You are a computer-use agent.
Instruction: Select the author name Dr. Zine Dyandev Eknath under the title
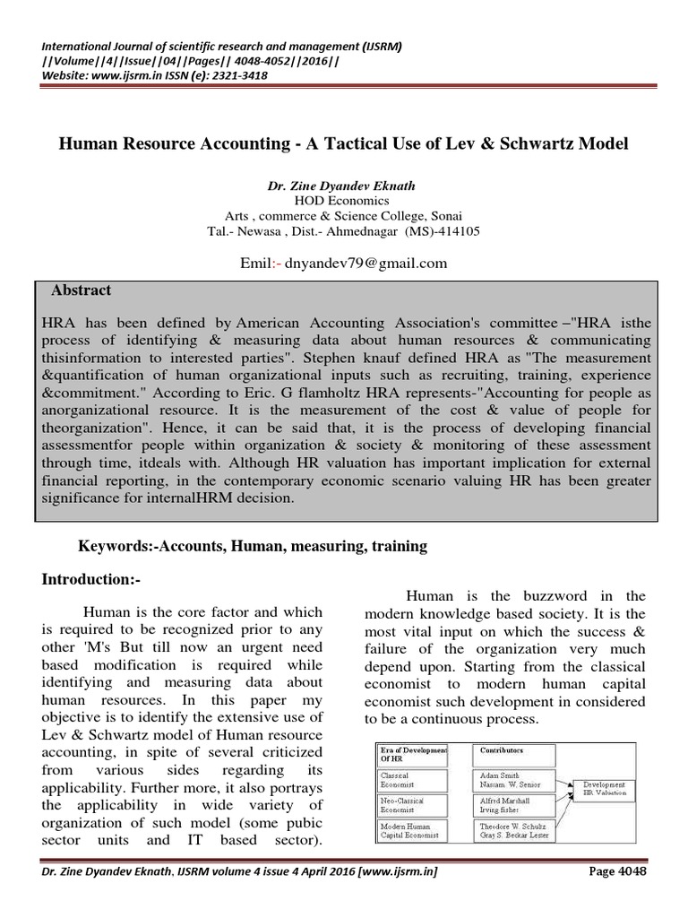pos(344,186)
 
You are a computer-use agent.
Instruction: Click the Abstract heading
pos(82,290)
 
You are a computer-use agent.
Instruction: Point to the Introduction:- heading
pos(92,579)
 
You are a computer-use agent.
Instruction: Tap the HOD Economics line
pos(344,201)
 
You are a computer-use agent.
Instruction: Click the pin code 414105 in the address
pos(455,230)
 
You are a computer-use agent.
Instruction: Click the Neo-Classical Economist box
pos(415,805)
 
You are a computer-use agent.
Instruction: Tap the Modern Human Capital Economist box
pos(415,831)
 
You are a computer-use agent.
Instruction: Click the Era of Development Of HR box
pos(415,751)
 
